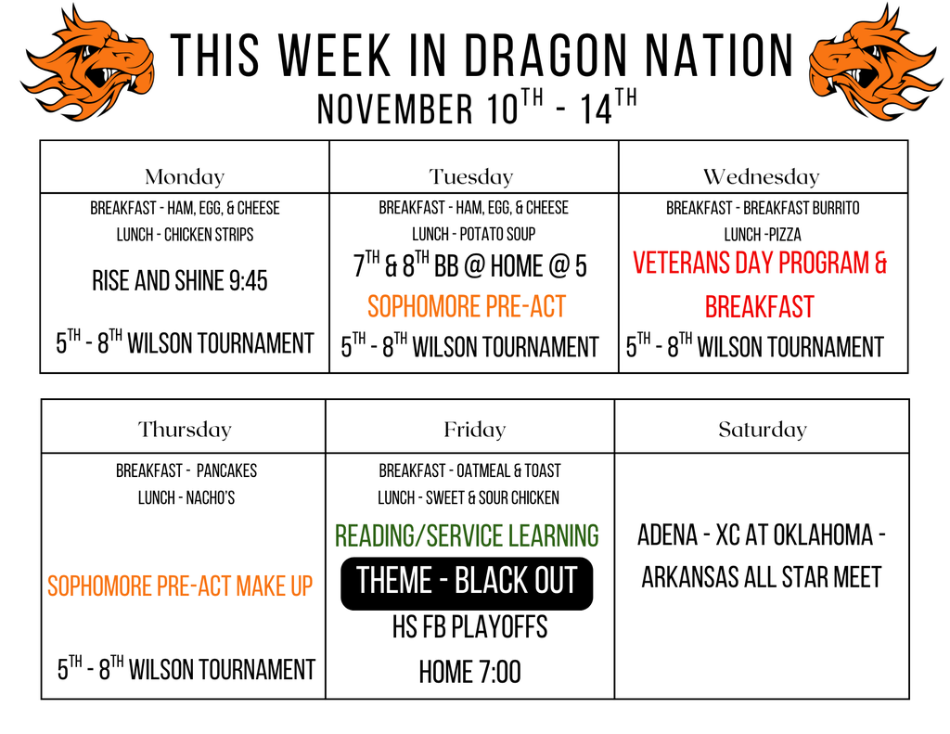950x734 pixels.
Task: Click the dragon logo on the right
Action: [x=875, y=61]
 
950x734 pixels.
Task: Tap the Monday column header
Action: [x=185, y=176]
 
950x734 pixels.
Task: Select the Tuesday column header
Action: [x=471, y=176]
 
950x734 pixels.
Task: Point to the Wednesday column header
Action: [x=761, y=176]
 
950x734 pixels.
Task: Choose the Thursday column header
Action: [x=185, y=430]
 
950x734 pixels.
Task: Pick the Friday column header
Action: [x=474, y=430]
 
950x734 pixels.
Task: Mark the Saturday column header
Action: [x=763, y=430]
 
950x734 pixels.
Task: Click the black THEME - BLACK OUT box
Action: [x=467, y=583]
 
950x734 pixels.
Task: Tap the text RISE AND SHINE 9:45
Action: [x=180, y=280]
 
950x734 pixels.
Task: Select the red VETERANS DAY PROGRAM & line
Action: [x=760, y=264]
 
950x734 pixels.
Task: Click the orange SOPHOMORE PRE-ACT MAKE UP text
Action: [x=180, y=586]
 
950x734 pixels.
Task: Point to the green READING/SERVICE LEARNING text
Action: [x=467, y=535]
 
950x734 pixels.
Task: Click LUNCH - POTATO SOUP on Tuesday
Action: [x=473, y=235]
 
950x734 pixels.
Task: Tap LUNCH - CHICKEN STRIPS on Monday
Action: [x=185, y=235]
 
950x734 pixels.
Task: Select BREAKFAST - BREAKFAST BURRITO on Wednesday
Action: [x=763, y=208]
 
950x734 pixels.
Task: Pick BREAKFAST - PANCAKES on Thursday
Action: [x=186, y=471]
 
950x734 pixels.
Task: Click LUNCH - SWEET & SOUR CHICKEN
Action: [x=469, y=498]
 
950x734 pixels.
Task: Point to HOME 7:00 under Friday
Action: [x=469, y=672]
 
